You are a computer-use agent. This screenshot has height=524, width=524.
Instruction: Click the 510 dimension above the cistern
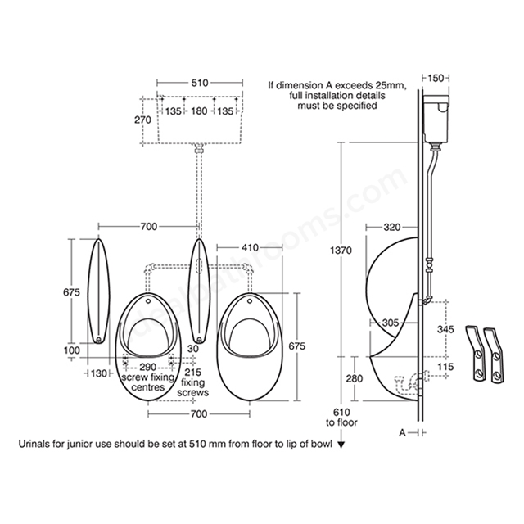200,83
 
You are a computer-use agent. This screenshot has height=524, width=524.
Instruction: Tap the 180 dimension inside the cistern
199,111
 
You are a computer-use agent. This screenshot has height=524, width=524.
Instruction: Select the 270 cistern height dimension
142,120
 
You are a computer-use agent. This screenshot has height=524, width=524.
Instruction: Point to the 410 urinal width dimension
250,247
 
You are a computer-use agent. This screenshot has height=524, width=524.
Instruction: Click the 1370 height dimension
341,251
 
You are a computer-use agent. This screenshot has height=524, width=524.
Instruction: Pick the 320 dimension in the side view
391,228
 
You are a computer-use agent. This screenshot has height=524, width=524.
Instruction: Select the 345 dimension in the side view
445,329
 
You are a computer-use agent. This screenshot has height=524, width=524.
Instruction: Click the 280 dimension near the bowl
355,378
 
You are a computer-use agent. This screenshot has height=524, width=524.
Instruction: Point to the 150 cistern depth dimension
436,79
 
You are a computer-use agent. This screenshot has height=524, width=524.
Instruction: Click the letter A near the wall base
402,433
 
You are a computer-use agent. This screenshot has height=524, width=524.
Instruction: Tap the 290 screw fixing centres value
147,368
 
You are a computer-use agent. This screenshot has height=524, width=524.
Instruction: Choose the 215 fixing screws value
193,372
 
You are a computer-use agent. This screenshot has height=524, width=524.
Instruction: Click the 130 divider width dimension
98,373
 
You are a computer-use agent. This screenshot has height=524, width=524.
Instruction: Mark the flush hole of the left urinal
148,302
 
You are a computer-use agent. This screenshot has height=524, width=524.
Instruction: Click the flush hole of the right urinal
249,302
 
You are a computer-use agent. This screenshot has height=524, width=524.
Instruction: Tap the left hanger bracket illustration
475,353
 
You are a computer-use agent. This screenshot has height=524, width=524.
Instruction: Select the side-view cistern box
436,118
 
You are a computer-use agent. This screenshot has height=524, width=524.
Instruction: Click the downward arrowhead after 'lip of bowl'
341,445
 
